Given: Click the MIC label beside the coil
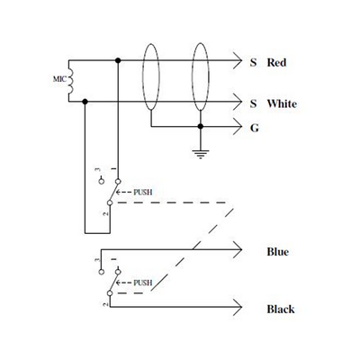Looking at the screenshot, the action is click(x=59, y=79).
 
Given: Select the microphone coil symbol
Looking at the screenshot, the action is click(x=71, y=81).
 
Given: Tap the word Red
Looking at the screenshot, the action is click(x=276, y=63).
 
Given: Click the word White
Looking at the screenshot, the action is click(x=282, y=103).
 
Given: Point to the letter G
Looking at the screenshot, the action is click(x=255, y=128).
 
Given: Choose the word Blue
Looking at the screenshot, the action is click(x=278, y=252).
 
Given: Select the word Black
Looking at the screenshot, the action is click(x=281, y=309).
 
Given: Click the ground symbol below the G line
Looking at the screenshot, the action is click(x=201, y=154).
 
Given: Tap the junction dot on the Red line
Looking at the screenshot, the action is click(x=118, y=60).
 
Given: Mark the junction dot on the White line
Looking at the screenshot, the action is click(x=85, y=102).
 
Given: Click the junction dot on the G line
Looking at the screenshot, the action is click(x=201, y=127).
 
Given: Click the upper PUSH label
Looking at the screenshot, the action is click(x=143, y=193).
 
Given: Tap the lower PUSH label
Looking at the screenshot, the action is click(x=143, y=283).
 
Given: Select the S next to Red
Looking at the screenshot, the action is click(x=254, y=63).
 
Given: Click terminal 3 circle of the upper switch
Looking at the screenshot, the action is click(x=102, y=181).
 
